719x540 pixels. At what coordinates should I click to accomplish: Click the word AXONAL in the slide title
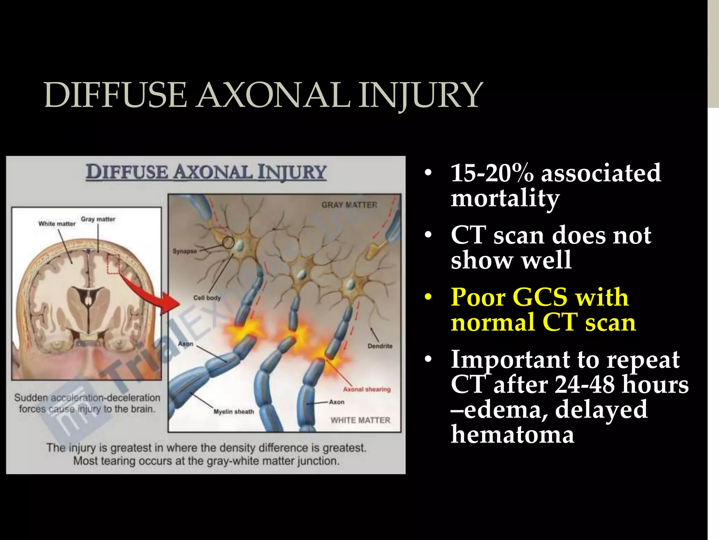coord(273,95)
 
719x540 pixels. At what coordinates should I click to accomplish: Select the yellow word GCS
coord(540,297)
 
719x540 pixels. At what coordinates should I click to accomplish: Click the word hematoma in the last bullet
coord(513,434)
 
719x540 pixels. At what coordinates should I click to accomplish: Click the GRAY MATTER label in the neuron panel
coord(349,205)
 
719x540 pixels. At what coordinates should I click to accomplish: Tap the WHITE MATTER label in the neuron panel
coord(360,420)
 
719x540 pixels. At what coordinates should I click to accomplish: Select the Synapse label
coord(184,251)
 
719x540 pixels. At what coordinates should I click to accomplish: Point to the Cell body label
coord(207,298)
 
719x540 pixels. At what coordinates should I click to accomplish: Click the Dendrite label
coord(380,346)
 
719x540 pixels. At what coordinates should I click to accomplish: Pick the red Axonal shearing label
coord(367,389)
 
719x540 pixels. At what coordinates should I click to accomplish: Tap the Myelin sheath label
coord(233,411)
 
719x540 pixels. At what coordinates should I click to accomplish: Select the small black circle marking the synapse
coord(228,242)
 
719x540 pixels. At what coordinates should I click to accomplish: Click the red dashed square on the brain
coord(113,264)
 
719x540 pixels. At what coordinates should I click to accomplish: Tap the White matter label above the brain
coord(57,224)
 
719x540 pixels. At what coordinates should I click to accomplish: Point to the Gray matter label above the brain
coord(98,219)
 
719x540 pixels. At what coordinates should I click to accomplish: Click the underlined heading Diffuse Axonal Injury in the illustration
coord(206,172)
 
